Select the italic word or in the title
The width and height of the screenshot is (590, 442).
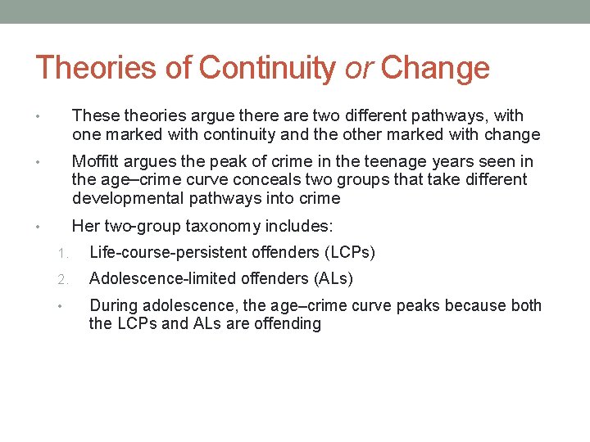[x=357, y=68]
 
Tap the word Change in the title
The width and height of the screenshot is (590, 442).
[x=435, y=68]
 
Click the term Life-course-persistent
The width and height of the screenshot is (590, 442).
[x=169, y=252]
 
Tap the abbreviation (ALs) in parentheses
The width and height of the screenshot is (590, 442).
[x=333, y=279]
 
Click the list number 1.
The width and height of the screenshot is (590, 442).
[x=62, y=253]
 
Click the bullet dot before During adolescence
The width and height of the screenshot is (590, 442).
[x=62, y=306]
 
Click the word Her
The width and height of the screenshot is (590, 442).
[x=85, y=225]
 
